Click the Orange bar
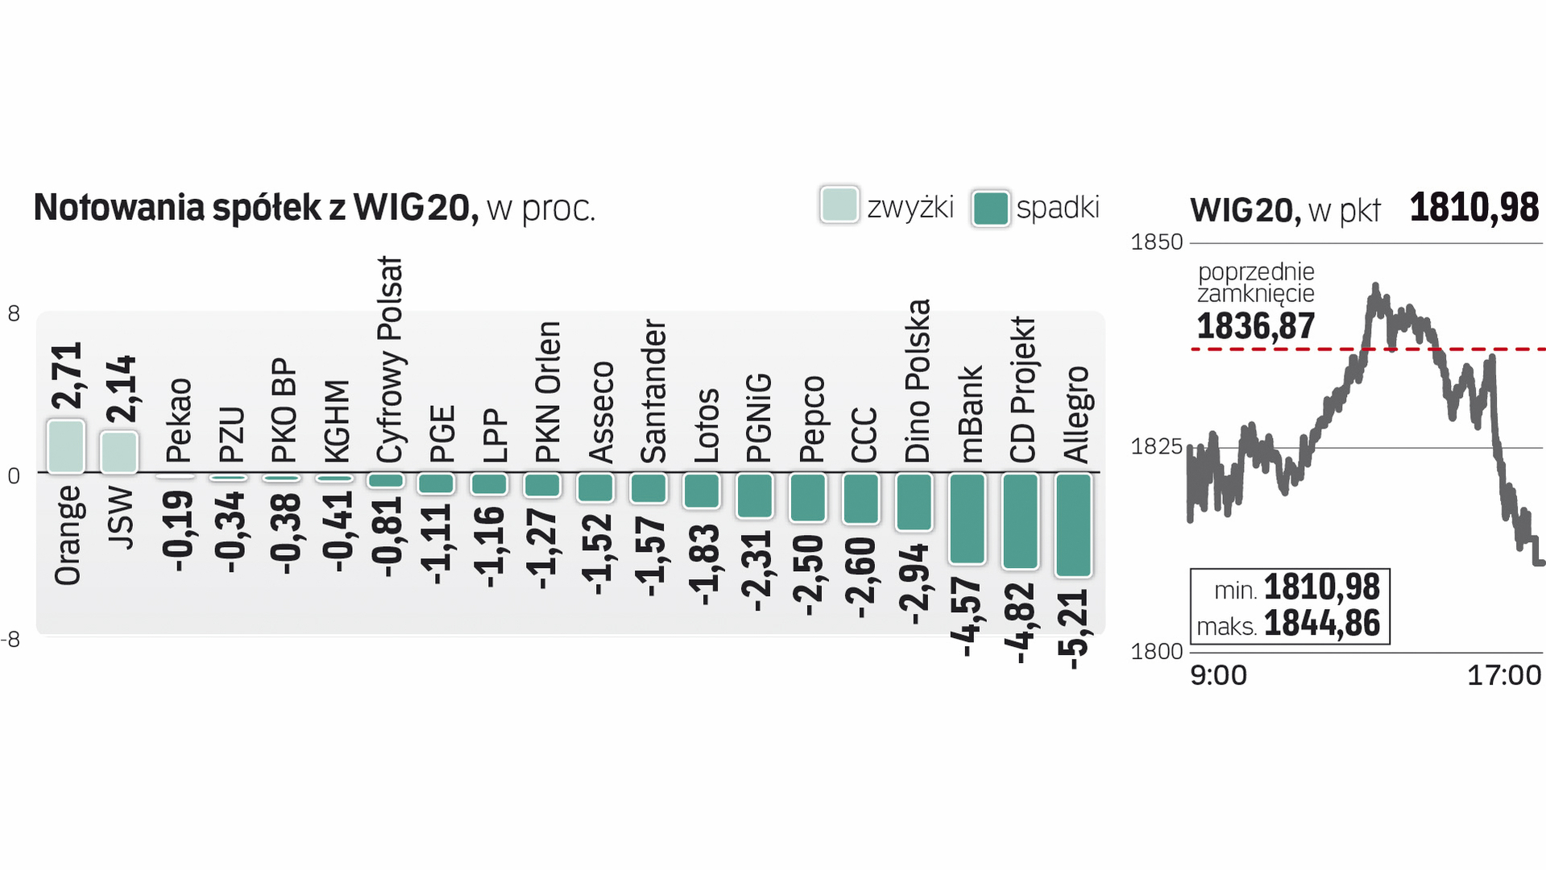point(65,446)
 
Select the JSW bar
point(118,452)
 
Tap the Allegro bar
point(1073,524)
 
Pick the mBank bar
point(967,518)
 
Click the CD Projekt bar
point(1020,520)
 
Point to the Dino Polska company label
point(917,381)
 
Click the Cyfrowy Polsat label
point(389,360)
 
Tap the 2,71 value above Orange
point(67,375)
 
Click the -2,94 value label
point(914,584)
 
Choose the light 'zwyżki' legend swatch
point(839,205)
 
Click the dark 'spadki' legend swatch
point(990,208)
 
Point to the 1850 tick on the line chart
point(1157,242)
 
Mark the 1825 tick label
point(1157,446)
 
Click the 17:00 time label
point(1503,675)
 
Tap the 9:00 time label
point(1218,675)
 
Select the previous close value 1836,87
point(1255,326)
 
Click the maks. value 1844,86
point(1321,623)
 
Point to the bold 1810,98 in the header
point(1473,208)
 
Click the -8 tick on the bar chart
point(11,640)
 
